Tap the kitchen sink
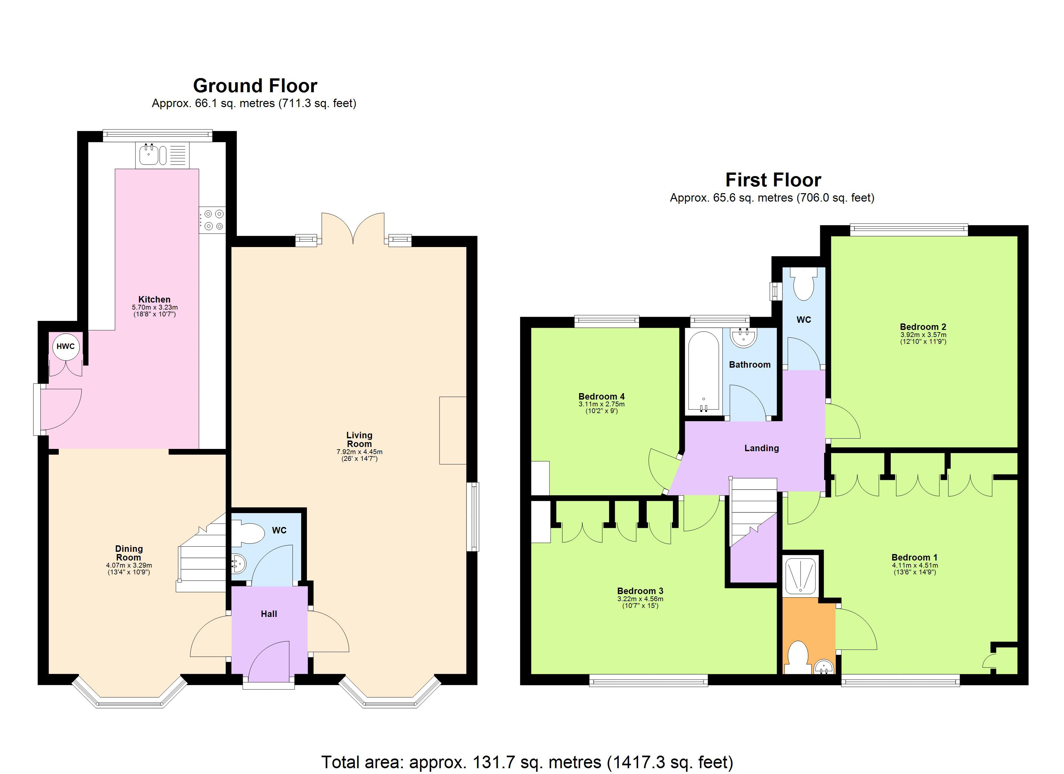tap(149, 155)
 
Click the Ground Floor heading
tap(255, 86)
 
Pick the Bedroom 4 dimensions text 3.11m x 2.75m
tap(601, 404)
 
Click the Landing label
tap(762, 448)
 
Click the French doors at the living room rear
tap(353, 229)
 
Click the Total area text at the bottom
tap(527, 762)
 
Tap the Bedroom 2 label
tap(922, 327)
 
